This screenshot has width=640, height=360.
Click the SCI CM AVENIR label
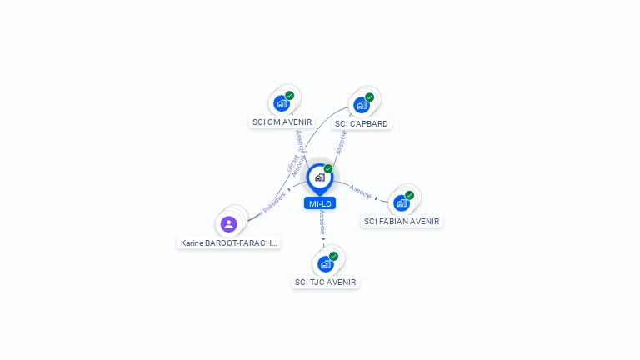[282, 122]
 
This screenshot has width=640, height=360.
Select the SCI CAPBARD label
[361, 123]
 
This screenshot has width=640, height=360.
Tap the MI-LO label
[321, 203]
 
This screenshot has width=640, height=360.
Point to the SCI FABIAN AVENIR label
[402, 222]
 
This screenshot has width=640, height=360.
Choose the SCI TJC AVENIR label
[325, 282]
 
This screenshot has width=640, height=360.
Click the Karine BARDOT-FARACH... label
[229, 243]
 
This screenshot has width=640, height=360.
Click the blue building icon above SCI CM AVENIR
[281, 104]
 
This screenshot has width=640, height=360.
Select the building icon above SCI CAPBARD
[360, 105]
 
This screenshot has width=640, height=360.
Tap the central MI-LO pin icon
[319, 177]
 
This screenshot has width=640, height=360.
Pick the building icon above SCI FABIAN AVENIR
[402, 202]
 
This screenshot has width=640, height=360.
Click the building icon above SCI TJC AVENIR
[325, 263]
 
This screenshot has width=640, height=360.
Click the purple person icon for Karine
[229, 223]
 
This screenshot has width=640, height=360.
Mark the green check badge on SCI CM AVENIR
[289, 96]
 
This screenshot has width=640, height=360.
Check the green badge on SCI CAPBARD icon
[369, 97]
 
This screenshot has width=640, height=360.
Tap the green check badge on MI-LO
[328, 169]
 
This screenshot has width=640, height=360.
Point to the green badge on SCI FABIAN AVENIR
[409, 195]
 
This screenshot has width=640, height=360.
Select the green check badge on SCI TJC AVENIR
[333, 256]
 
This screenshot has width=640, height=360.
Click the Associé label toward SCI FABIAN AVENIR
[361, 192]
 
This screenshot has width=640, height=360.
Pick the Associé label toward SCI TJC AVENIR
[322, 222]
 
